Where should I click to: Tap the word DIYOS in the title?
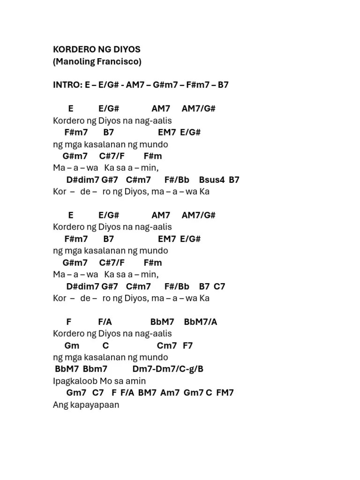(x=125, y=49)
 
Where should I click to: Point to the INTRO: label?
(x=67, y=85)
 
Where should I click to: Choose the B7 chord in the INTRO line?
(x=223, y=85)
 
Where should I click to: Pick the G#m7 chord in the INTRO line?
(x=163, y=85)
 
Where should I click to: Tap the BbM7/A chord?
(x=201, y=322)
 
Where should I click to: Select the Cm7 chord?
(x=167, y=345)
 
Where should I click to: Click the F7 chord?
(x=187, y=345)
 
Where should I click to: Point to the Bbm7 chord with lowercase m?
(x=95, y=369)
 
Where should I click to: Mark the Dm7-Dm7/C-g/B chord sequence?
(x=168, y=369)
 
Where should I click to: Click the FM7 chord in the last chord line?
(x=225, y=392)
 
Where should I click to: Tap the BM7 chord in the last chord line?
(x=147, y=392)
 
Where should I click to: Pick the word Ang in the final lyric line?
(x=60, y=405)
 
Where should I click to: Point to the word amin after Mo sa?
(x=136, y=381)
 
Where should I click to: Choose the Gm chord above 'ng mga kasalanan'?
(x=72, y=345)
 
